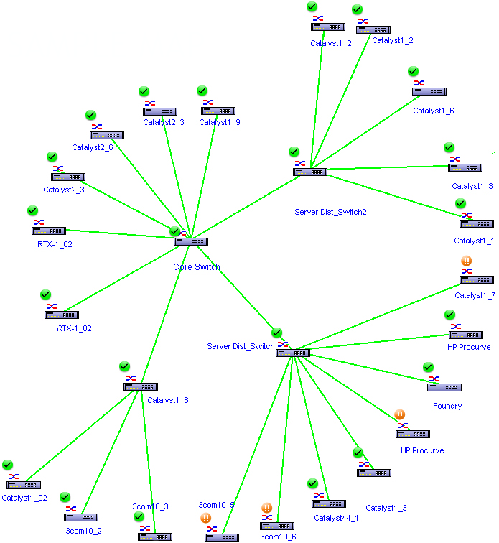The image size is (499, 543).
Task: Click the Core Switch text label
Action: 196,266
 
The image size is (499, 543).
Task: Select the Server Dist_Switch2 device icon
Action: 310,172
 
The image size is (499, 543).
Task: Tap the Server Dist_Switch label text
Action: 241,346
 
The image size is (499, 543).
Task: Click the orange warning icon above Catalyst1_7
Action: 466,261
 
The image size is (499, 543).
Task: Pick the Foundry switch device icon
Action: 444,387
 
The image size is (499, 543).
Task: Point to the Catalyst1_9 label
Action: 219,122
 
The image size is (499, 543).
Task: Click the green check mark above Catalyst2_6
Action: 90,115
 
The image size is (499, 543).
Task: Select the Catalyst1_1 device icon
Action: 476,223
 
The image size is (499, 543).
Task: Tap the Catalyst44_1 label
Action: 335,517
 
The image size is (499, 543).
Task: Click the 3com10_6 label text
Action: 278,537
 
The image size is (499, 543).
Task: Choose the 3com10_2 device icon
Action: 81,517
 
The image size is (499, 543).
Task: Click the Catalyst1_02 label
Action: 24,497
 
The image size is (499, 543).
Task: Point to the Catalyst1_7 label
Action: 475,295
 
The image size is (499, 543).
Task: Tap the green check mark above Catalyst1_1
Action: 461,203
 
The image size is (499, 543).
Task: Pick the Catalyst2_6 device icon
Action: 107,135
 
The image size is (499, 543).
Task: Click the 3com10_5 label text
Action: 216,505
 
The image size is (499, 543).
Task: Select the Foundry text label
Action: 447,406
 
